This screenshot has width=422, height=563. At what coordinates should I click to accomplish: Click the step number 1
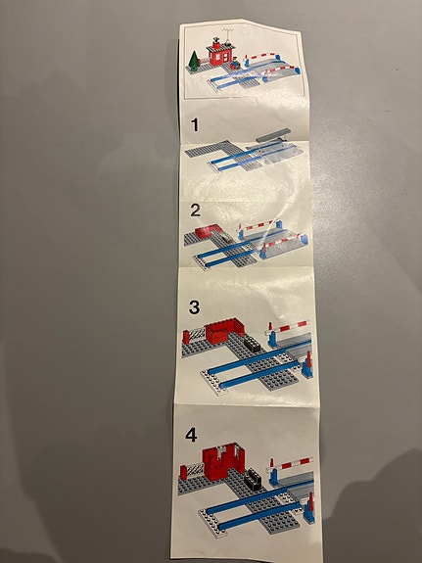pos(195,125)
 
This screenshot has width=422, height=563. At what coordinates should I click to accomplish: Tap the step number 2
pos(195,211)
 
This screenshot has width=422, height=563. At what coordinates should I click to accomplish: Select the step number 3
pos(194,307)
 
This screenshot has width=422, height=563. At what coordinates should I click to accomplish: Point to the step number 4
pos(191,435)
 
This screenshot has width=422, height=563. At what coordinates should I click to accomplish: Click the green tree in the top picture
pos(194,61)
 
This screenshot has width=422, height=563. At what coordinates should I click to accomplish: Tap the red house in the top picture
pos(219,55)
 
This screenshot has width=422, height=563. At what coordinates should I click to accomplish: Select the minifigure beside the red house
pos(236,63)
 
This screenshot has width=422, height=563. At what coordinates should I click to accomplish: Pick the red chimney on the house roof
pos(216,43)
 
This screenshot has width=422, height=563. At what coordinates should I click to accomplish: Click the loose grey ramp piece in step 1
pos(273,135)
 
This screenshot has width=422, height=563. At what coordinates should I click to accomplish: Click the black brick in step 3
pos(253,344)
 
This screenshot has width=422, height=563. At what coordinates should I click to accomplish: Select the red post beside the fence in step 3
pos(185,337)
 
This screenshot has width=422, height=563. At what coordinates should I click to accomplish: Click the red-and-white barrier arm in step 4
pos(290,465)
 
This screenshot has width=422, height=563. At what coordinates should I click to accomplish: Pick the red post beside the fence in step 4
pos(183,472)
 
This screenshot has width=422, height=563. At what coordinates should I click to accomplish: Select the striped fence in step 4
pos(195,470)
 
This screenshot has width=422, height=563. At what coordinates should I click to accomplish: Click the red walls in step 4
pos(223,460)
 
